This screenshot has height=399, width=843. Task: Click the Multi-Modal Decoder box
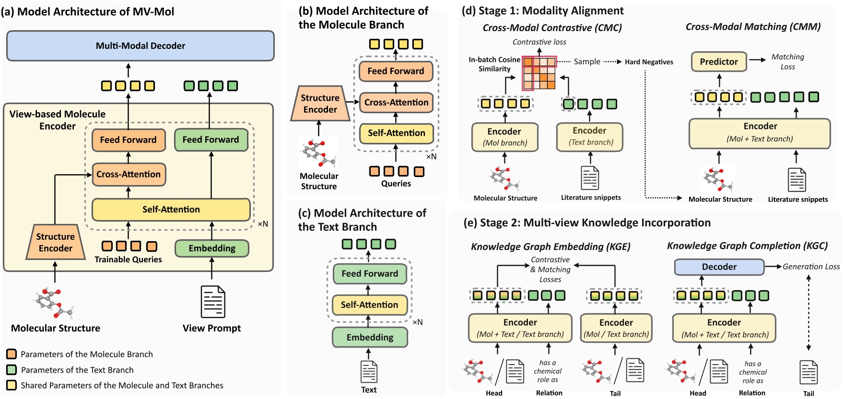pos(140,46)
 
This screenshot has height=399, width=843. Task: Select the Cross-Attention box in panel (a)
pos(129,175)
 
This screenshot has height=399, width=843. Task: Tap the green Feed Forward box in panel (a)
pos(211,140)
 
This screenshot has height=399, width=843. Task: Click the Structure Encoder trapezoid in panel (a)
pos(56,243)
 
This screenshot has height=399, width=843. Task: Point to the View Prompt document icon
pos(213,302)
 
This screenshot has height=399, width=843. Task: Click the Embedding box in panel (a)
pos(212,248)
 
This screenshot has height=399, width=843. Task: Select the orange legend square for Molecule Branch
pos(12,354)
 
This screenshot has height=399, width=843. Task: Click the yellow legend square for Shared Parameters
pos(12,385)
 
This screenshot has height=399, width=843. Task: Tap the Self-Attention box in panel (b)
pos(396,133)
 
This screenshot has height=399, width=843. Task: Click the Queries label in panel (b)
pos(396,184)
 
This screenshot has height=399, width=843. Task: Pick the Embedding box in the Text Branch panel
pos(370,338)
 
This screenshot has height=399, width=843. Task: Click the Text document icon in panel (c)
pos(369,372)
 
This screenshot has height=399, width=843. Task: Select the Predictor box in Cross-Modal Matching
pos(718,62)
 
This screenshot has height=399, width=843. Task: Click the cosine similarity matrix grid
pos(539,73)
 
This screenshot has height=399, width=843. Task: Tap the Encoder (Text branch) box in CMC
pos(589,136)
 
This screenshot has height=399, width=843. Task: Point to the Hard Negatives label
pos(649,62)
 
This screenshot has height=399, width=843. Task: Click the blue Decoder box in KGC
pos(719,267)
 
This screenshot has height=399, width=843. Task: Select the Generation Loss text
pos(811,267)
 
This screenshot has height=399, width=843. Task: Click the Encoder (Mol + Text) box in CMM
pos(760,132)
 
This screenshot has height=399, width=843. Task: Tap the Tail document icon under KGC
pos(808,373)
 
